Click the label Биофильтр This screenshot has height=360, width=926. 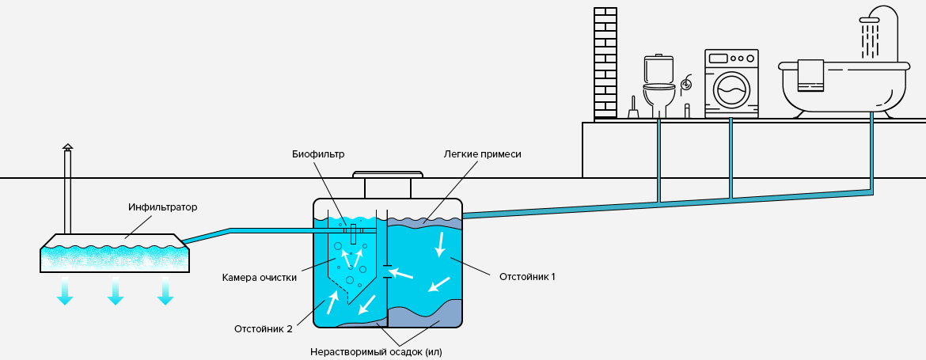click(x=317, y=154)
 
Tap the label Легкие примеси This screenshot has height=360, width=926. click(x=483, y=154)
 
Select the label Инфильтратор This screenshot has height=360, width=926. click(x=162, y=207)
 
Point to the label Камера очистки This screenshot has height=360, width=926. click(x=260, y=278)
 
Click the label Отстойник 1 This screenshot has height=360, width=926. click(x=527, y=276)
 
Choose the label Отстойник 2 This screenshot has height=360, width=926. click(x=264, y=328)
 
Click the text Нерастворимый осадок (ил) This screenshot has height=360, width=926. click(x=376, y=352)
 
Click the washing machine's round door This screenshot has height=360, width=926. click(x=731, y=89)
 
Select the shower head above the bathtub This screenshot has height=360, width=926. click(x=870, y=20)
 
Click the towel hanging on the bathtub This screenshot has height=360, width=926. click(x=810, y=75)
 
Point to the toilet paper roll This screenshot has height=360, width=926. click(x=686, y=85)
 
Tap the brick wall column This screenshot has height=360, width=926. click(x=605, y=63)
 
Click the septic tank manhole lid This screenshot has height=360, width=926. click(x=388, y=175)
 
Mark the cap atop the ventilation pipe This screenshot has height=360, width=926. click(x=68, y=147)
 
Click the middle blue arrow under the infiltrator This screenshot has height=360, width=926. click(x=116, y=291)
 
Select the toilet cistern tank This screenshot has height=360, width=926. click(x=658, y=69)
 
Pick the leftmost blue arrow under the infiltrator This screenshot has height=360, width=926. click(x=65, y=291)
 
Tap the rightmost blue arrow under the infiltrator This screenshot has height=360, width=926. click(x=166, y=291)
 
